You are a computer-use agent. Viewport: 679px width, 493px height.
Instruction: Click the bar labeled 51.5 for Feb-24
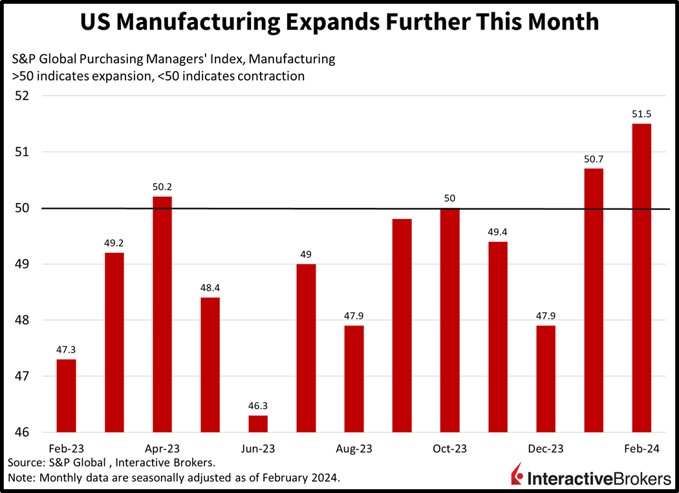click(x=641, y=278)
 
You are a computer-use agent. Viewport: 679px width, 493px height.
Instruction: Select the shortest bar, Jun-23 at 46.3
click(x=258, y=424)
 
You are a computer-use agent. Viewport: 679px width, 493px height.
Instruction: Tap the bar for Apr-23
click(x=162, y=314)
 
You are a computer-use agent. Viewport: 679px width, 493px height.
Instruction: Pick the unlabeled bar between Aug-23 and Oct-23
click(x=402, y=326)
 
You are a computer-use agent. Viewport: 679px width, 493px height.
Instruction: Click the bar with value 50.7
click(x=593, y=300)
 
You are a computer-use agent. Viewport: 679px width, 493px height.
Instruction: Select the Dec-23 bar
click(x=546, y=379)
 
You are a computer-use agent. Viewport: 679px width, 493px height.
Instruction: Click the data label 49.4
click(x=498, y=231)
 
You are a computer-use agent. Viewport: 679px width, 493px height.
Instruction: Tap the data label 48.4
click(x=210, y=288)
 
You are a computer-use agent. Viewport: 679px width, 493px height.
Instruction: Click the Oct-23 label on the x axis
click(x=449, y=448)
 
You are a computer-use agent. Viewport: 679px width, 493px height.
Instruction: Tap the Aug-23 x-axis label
click(x=354, y=448)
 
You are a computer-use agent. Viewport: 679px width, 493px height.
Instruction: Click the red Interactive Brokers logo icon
click(x=517, y=474)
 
